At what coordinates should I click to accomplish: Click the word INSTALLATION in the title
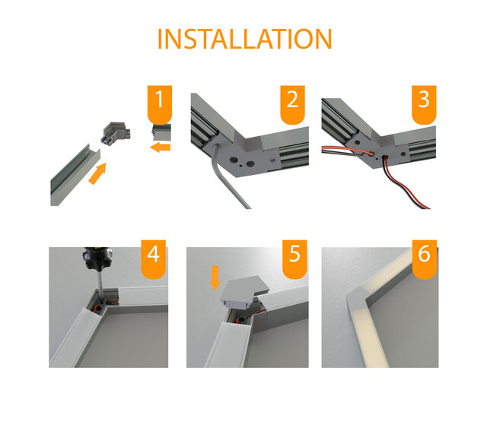click(244, 39)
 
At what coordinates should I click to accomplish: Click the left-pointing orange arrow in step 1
click(160, 146)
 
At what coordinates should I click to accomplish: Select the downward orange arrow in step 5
click(215, 277)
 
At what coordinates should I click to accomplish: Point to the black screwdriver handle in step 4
click(97, 262)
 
